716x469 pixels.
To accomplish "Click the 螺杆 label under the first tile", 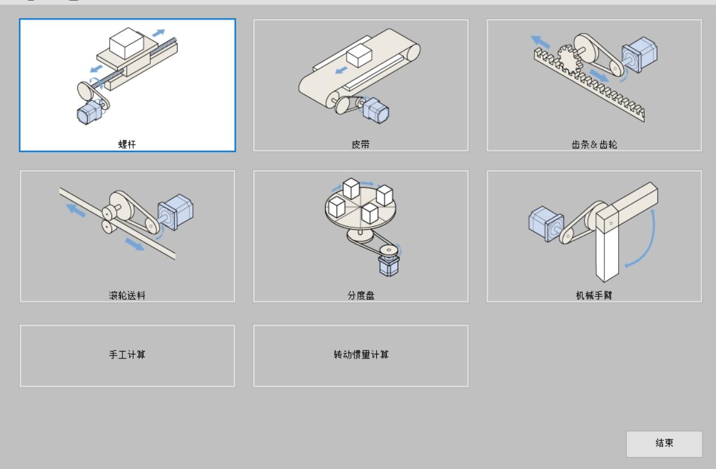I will pyautogui.click(x=127, y=144).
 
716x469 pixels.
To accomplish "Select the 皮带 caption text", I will pyautogui.click(x=360, y=144).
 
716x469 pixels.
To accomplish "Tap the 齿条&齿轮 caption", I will pyautogui.click(x=594, y=144).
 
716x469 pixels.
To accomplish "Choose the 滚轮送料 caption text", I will pyautogui.click(x=127, y=295).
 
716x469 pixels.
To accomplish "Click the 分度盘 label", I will pyautogui.click(x=360, y=295).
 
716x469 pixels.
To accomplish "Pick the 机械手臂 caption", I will pyautogui.click(x=594, y=295).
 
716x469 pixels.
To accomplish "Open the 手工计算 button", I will pyautogui.click(x=127, y=356).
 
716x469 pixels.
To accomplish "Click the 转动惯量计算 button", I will pyautogui.click(x=360, y=356).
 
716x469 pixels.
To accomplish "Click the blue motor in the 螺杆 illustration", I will pyautogui.click(x=89, y=112).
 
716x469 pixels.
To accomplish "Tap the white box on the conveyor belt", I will pyautogui.click(x=359, y=56).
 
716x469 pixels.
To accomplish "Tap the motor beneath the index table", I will pyautogui.click(x=389, y=266).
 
